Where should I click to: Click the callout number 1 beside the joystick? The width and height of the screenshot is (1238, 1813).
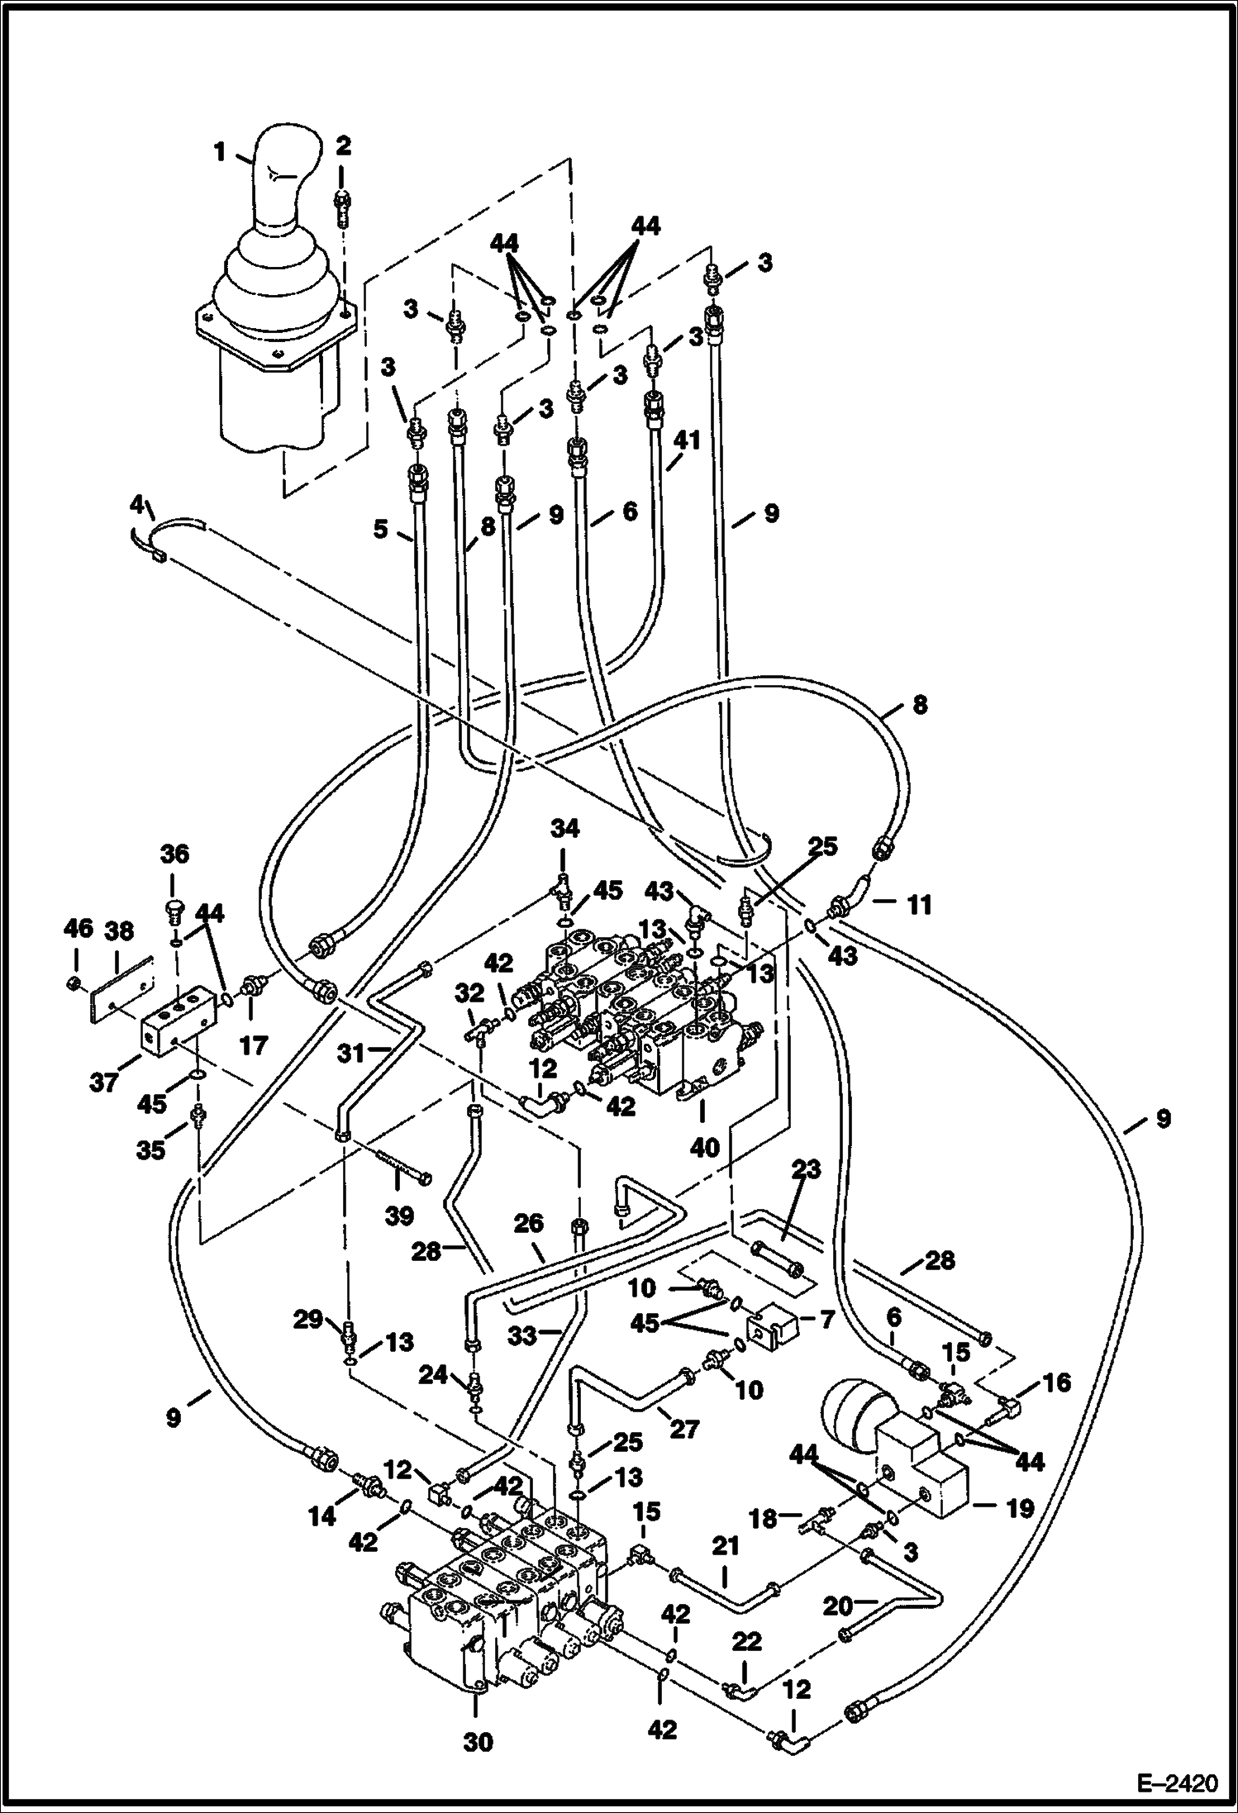point(219,152)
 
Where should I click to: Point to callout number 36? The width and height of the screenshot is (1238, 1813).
point(174,854)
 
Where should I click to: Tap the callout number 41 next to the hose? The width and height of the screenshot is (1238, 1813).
point(686,440)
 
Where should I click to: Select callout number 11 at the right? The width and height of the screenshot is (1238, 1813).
point(917,905)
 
